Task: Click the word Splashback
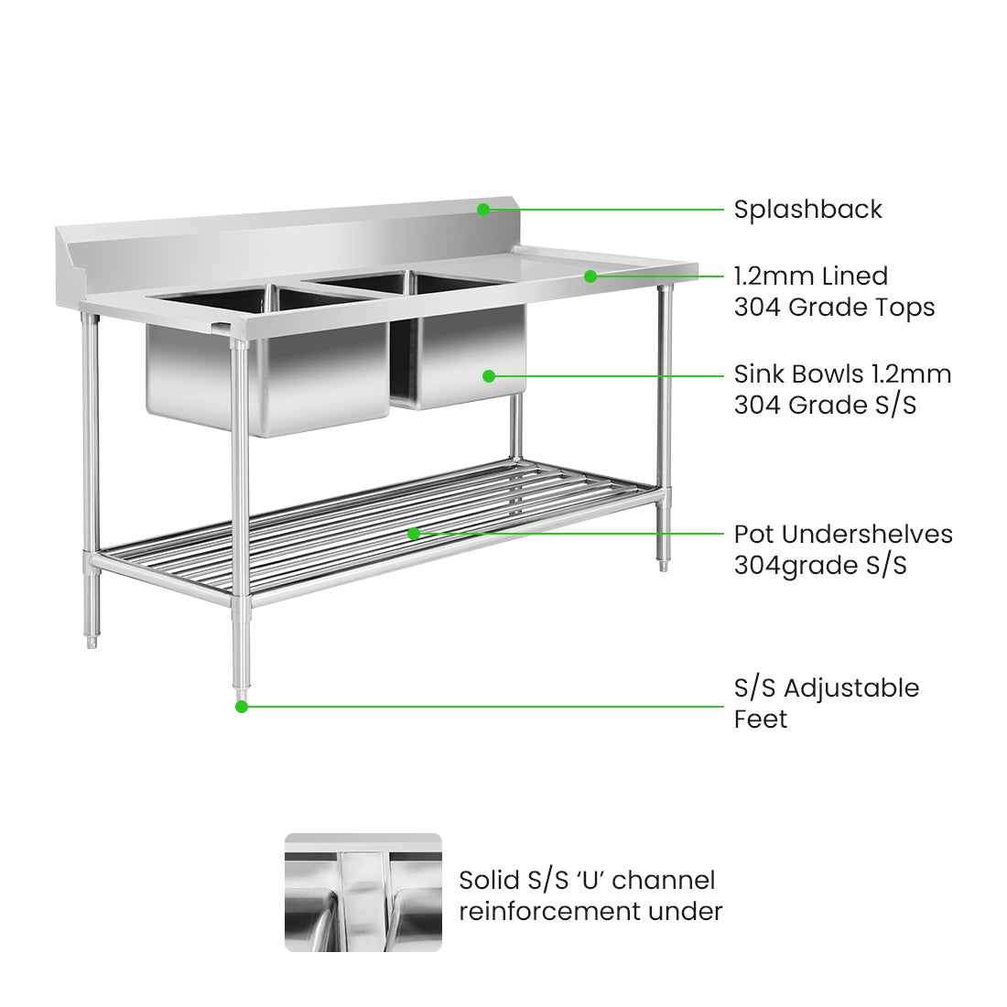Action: [x=807, y=210]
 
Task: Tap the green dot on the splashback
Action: [x=482, y=210]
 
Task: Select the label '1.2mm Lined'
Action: [x=810, y=276]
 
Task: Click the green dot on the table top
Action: [x=590, y=276]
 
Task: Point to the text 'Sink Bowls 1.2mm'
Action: [x=842, y=374]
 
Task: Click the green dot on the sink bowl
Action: [x=489, y=375]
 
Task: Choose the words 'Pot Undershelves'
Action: [x=842, y=534]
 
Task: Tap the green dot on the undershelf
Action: [x=414, y=533]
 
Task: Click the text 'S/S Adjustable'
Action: [x=826, y=688]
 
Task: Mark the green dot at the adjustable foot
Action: [x=242, y=706]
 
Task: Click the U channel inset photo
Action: [x=363, y=892]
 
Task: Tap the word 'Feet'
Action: [x=760, y=720]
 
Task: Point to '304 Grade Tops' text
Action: [x=834, y=307]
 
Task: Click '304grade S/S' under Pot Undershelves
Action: [x=819, y=565]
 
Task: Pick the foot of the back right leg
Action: [x=664, y=565]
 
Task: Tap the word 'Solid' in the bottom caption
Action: [x=489, y=881]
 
